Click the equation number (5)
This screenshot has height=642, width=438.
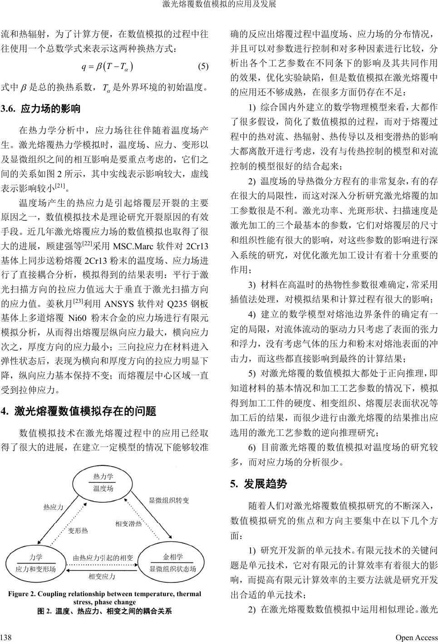(203, 66)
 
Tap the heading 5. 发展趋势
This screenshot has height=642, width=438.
(258, 484)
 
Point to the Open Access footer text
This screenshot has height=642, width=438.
(416, 637)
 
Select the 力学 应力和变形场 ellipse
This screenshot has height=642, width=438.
(36, 563)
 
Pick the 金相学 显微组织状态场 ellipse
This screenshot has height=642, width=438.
(172, 563)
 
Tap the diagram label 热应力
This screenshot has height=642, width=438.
(53, 507)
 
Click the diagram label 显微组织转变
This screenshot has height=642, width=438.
(169, 500)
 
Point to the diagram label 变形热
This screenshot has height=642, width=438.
(78, 530)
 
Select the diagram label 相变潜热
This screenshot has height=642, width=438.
(128, 524)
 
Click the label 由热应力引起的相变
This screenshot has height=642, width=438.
(103, 558)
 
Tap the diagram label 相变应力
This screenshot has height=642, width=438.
(102, 577)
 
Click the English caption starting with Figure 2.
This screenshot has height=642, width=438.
(104, 598)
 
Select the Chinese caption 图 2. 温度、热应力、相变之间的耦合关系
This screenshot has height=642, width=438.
(104, 611)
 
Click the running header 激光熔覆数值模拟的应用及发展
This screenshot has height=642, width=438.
(219, 5)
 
